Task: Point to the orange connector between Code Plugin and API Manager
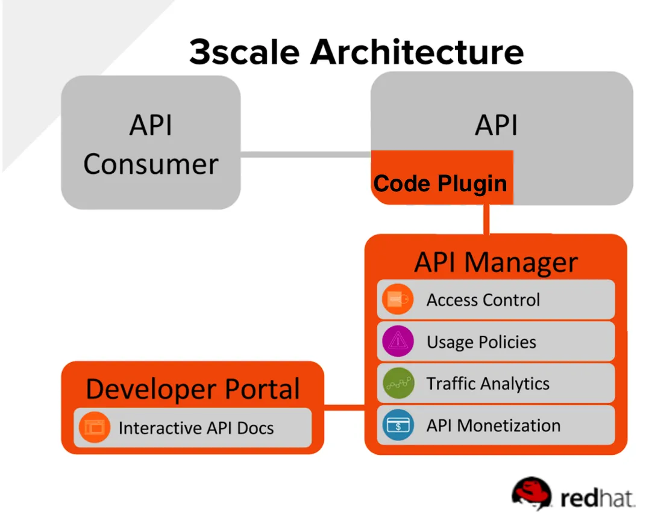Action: point(485,220)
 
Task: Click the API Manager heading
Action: point(495,262)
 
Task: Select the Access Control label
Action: point(483,300)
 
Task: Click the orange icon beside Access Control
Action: point(398,299)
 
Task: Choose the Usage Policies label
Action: point(481,342)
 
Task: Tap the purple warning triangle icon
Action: point(398,342)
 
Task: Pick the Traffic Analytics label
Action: point(488,383)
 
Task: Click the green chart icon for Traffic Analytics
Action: point(398,383)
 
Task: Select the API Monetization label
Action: point(493,425)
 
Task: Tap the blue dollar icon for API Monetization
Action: point(398,425)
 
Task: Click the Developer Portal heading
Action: point(193,389)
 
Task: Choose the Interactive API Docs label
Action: point(196,428)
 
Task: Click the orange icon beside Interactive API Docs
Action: point(95,428)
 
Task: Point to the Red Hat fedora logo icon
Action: point(531,495)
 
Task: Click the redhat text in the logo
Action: point(597,498)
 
